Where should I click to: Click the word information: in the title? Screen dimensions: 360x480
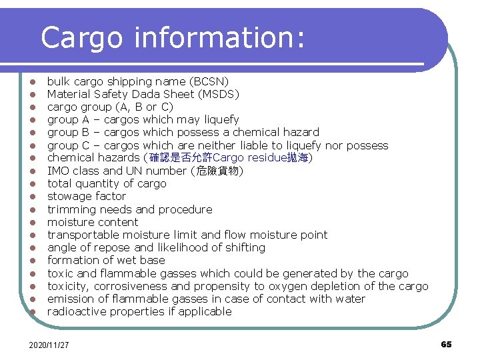(x=219, y=39)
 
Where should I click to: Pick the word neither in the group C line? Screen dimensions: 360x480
(x=217, y=145)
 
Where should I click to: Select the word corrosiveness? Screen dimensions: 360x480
(x=129, y=286)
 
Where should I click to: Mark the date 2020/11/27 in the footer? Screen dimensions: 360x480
(x=49, y=345)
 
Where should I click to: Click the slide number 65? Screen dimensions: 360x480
(x=446, y=344)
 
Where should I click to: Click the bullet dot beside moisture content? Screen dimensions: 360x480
(x=31, y=223)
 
